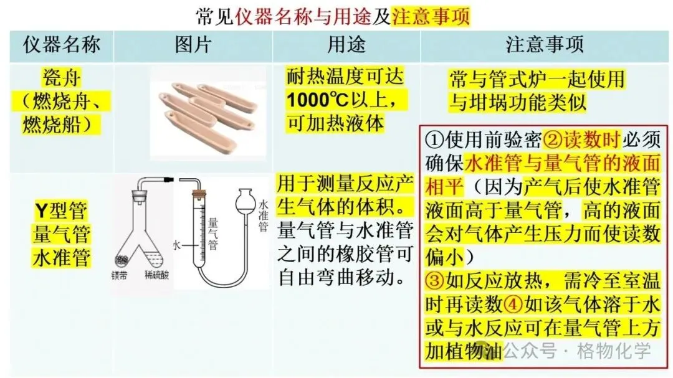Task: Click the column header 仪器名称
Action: pyautogui.click(x=61, y=45)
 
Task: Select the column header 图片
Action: pyautogui.click(x=193, y=45)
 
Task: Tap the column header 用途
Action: pyautogui.click(x=346, y=45)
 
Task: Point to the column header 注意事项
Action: pyautogui.click(x=545, y=45)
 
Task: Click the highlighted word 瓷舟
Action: pyautogui.click(x=61, y=78)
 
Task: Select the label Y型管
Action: pyautogui.click(x=61, y=210)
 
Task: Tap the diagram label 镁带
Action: pyautogui.click(x=119, y=275)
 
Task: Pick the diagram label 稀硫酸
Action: pyautogui.click(x=156, y=275)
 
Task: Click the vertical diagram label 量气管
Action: pyautogui.click(x=213, y=234)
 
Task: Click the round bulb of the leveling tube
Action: pyautogui.click(x=245, y=201)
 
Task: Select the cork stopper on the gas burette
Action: pyautogui.click(x=197, y=194)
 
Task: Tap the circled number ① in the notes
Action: pyautogui.click(x=434, y=139)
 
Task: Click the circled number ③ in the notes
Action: pyautogui.click(x=434, y=281)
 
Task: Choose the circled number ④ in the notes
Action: pyautogui.click(x=513, y=305)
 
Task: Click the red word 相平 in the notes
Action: pyautogui.click(x=444, y=187)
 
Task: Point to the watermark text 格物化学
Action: pyautogui.click(x=614, y=351)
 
